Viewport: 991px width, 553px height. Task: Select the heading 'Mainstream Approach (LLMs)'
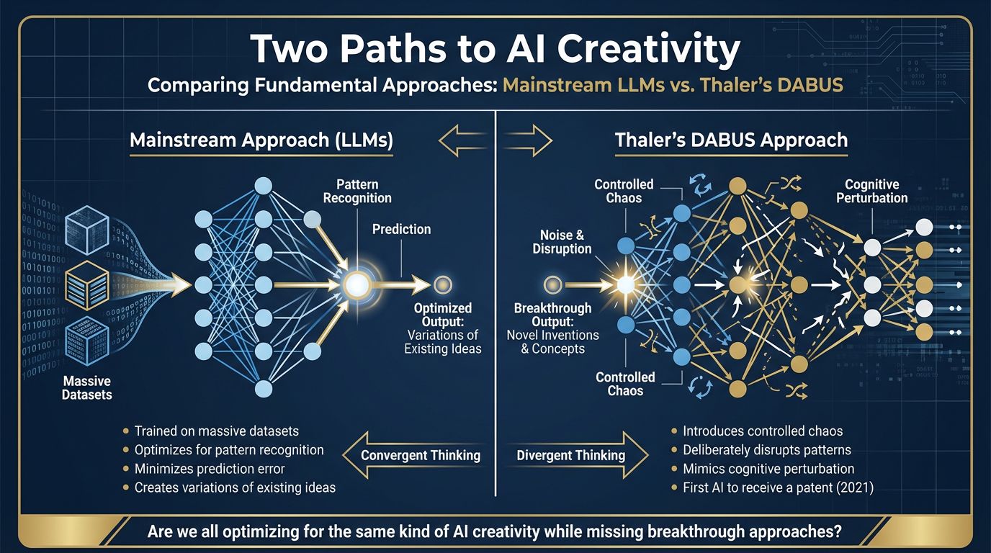pos(261,140)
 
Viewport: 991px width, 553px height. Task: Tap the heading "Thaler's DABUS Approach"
pos(731,140)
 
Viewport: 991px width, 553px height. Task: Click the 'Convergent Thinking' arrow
pos(413,455)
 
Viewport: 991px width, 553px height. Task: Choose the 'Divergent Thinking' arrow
pos(578,455)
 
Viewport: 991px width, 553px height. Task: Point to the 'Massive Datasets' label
pos(86,388)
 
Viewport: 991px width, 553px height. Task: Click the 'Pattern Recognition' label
pos(357,191)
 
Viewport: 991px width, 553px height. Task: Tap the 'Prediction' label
pos(401,229)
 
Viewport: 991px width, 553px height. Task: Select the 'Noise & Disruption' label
pos(562,242)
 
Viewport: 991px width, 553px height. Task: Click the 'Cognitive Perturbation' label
pos(871,191)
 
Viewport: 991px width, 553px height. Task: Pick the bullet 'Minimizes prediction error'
pos(204,469)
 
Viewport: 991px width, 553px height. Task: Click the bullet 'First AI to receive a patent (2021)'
pos(773,487)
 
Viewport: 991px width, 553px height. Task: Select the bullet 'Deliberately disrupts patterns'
pos(761,450)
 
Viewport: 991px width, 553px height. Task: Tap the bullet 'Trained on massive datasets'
pos(210,431)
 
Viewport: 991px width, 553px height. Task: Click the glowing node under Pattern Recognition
pos(357,284)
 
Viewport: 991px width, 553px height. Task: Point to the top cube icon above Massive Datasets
pos(87,230)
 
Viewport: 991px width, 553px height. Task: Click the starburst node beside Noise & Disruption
pos(626,284)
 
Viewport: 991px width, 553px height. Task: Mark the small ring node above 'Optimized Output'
pos(442,285)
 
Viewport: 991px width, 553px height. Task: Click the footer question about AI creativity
pos(495,531)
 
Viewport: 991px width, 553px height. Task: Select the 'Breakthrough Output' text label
pos(552,315)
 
